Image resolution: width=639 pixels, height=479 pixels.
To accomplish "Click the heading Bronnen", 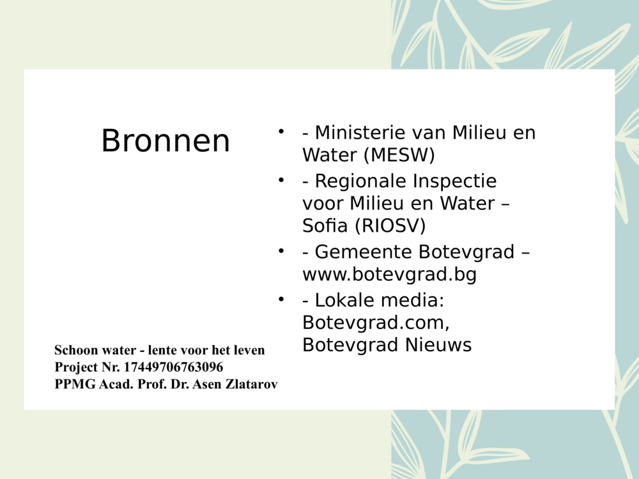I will (x=166, y=141).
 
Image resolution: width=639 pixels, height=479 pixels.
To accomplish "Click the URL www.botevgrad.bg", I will (x=389, y=275).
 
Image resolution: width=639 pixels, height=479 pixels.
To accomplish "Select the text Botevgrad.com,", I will (x=380, y=322).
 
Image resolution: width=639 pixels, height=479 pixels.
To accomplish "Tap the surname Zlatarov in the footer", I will (x=248, y=384).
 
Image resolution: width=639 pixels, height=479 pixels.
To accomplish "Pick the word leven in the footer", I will (x=250, y=350).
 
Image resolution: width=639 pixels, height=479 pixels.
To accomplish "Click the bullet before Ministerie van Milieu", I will (x=280, y=132).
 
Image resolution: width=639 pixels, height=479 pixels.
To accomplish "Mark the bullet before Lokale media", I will (x=280, y=298).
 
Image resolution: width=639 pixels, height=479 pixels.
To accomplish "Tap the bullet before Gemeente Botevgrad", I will (x=280, y=251).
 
